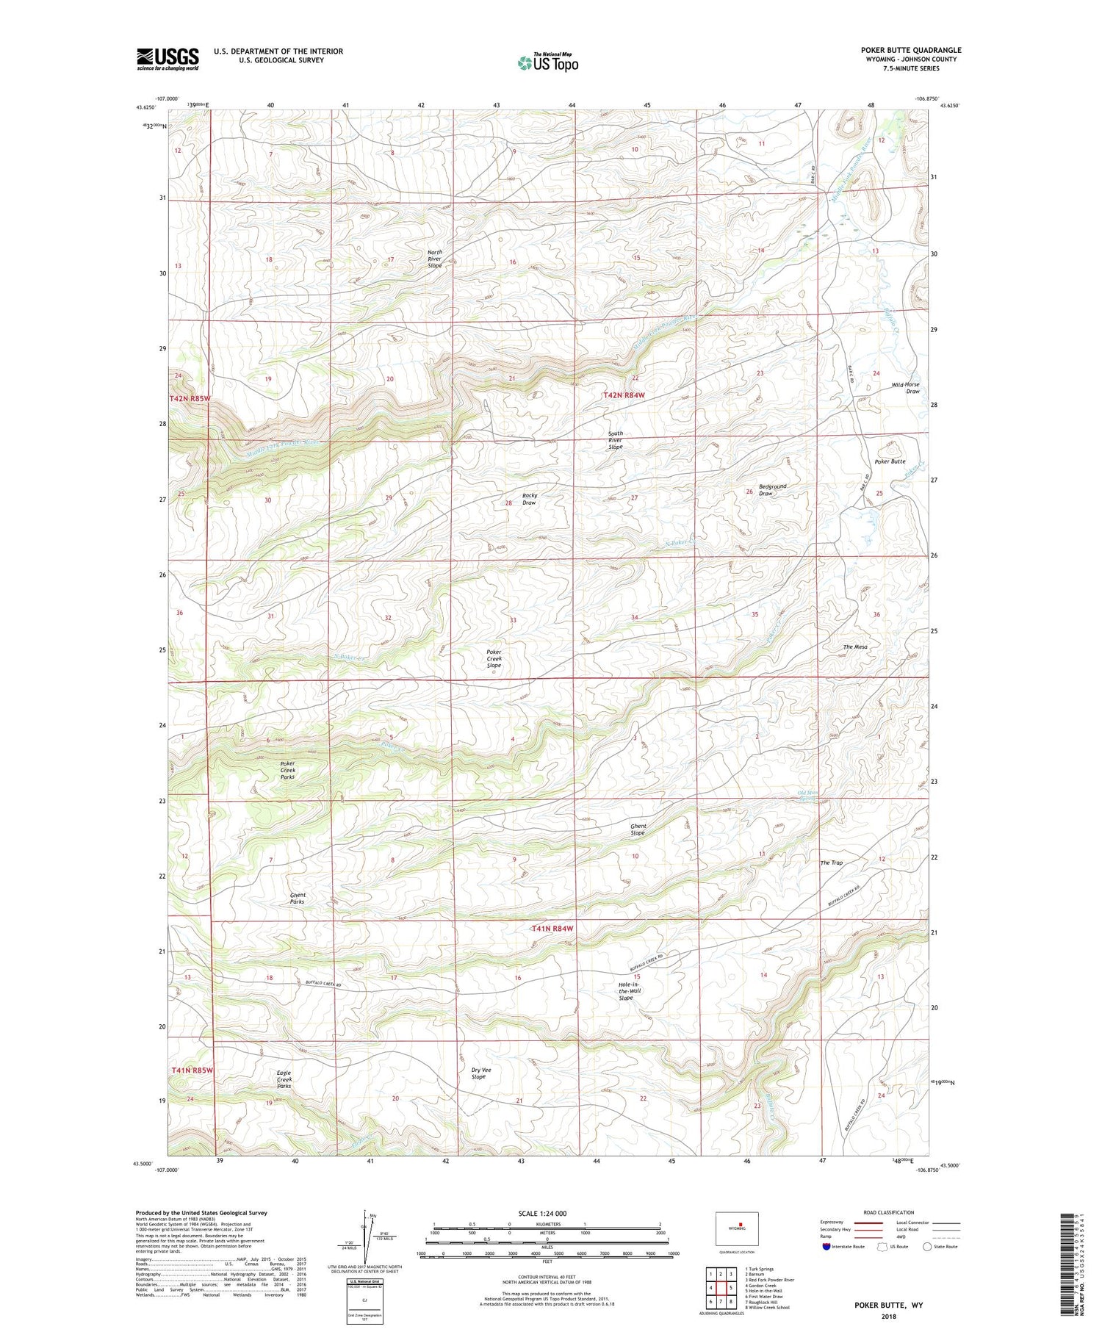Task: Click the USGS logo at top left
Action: (x=168, y=59)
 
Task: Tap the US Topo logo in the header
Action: (x=548, y=63)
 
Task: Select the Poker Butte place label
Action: (x=890, y=461)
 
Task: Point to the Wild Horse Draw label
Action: (x=905, y=388)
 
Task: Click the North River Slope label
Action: (x=435, y=259)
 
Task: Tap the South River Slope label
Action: (x=616, y=440)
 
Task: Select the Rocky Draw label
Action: (x=529, y=499)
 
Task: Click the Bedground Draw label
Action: (x=772, y=489)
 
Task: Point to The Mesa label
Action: (x=855, y=647)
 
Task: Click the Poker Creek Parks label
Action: (x=287, y=770)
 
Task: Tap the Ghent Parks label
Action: (x=298, y=898)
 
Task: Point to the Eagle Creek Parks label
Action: (x=284, y=1079)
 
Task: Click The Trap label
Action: (x=831, y=863)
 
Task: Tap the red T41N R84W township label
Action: (x=552, y=929)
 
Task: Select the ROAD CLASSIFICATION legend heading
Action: (x=888, y=1212)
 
